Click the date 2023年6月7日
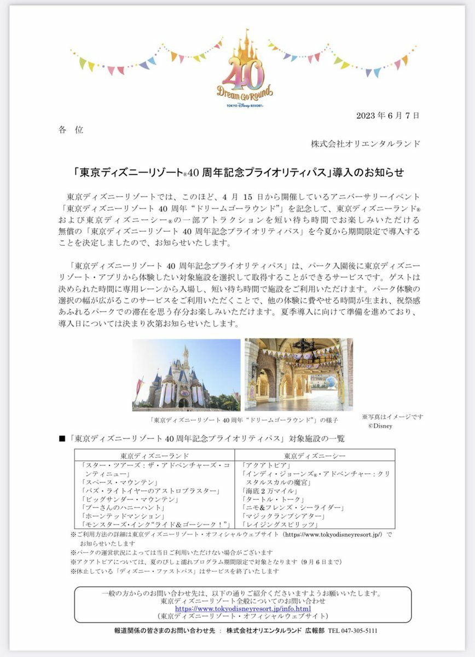388,116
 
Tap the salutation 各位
71,130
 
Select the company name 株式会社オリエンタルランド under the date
366,144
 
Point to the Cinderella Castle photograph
186,374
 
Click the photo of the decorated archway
298,374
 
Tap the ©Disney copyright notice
380,425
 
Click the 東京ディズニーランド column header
155,456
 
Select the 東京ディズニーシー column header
314,456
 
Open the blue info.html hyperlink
242,608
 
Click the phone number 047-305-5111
360,631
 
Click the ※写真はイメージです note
392,417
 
